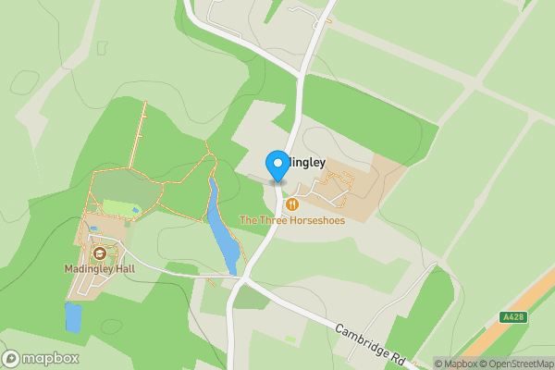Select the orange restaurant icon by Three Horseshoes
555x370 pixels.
pos(292,203)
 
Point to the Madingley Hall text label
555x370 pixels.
pos(101,269)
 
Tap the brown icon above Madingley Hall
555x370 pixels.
pos(99,253)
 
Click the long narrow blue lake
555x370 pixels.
pos(221,231)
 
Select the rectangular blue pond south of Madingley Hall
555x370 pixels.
pos(73,317)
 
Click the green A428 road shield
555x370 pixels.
pos(513,317)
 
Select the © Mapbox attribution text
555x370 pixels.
pos(456,364)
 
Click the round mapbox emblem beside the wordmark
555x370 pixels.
pos(11,359)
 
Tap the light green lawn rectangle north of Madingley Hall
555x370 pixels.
pos(119,208)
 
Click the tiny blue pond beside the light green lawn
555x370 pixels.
pos(137,210)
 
